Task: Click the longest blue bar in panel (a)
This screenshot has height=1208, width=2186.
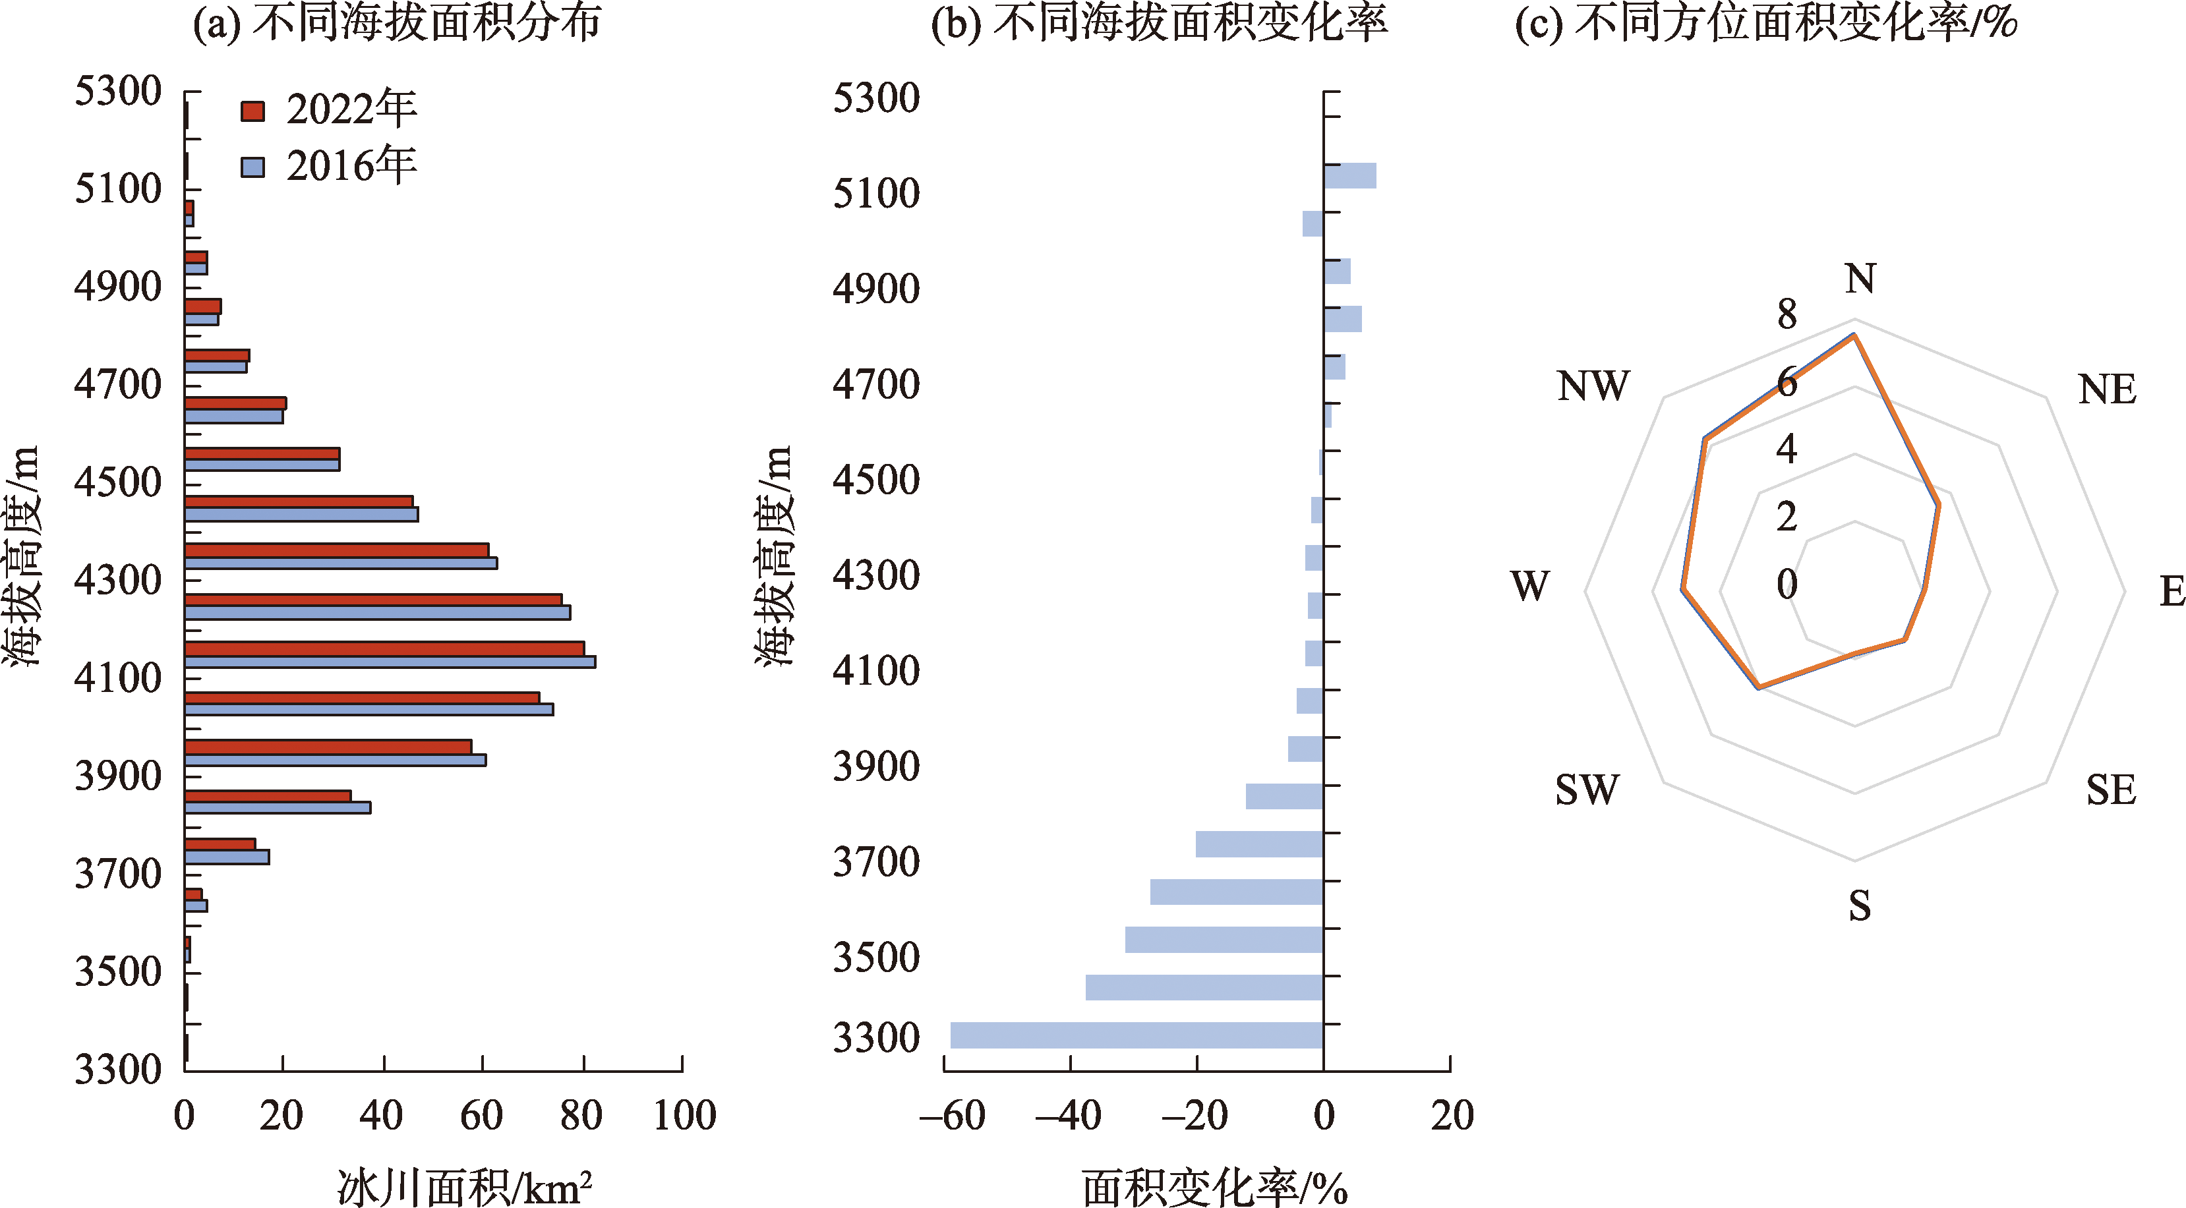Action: [x=390, y=662]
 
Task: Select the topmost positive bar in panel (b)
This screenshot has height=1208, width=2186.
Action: [x=1349, y=175]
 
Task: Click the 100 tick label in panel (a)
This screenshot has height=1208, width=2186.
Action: [x=684, y=1116]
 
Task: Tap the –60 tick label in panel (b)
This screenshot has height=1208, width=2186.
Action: [x=952, y=1116]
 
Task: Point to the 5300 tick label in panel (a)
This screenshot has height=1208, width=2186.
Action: [x=117, y=92]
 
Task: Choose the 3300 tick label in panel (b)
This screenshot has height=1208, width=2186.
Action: [x=875, y=1037]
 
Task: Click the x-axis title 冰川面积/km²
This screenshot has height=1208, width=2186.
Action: [x=464, y=1187]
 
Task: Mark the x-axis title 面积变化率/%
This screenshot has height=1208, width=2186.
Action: [x=1214, y=1187]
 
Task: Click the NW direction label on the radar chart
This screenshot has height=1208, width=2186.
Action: [x=1593, y=387]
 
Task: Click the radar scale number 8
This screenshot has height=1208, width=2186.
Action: [x=1787, y=315]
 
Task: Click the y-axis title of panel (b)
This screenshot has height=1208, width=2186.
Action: [x=774, y=556]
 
